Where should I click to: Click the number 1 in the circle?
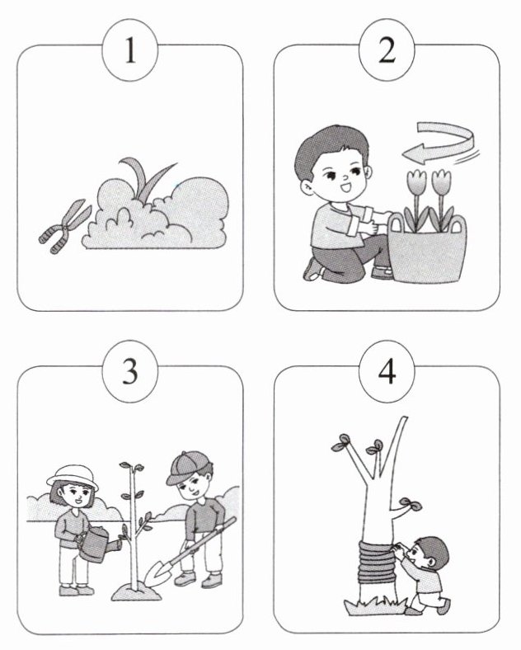pos(130,50)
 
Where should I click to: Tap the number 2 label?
pos(387,50)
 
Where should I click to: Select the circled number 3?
pos(130,371)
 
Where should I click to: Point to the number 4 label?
pos(387,371)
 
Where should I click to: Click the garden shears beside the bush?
pos(64,226)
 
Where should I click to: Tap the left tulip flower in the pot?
pos(416,181)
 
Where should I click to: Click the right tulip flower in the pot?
pos(441,181)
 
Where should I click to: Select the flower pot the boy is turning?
pos(427,249)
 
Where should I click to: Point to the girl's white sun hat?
pos(73,477)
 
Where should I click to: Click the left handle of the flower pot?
pos(396,223)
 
